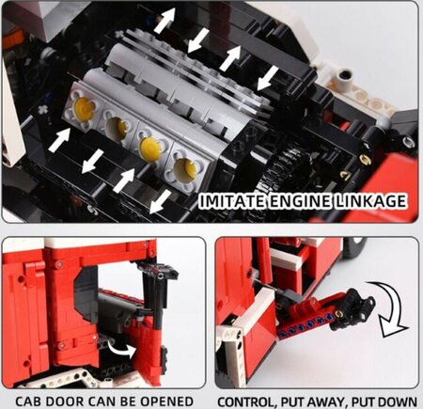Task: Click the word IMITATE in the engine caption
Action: [232, 201]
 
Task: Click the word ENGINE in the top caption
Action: [299, 201]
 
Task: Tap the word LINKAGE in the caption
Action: [369, 201]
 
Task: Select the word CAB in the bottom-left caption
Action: [27, 401]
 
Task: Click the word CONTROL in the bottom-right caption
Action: [246, 401]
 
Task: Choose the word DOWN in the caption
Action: [397, 401]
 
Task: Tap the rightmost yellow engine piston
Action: [185, 170]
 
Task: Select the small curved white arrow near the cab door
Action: [123, 349]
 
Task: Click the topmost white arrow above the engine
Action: [164, 20]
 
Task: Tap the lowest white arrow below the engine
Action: [160, 203]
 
